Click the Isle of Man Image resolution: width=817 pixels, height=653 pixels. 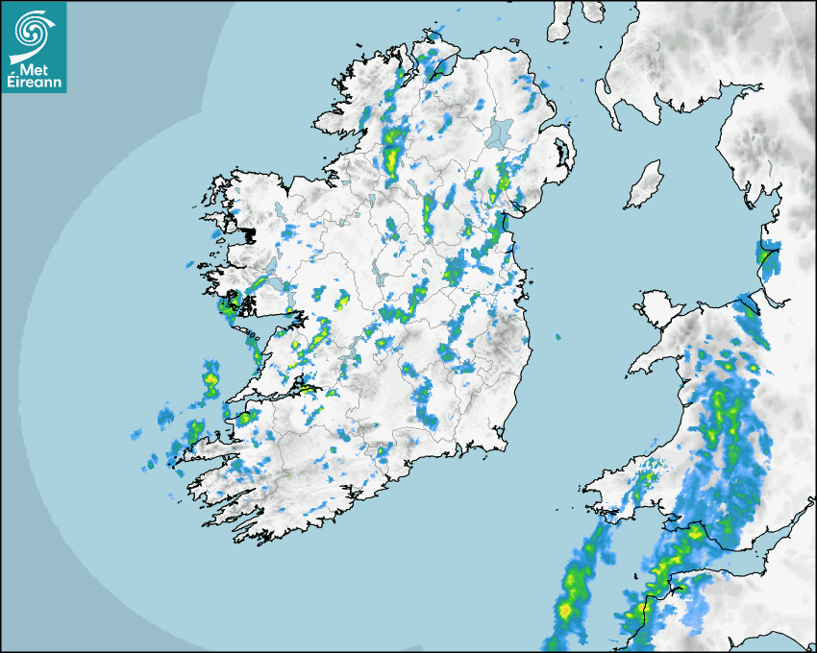(x=644, y=185)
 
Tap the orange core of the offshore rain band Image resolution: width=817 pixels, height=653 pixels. (x=565, y=610)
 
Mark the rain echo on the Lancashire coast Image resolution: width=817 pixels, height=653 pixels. (x=769, y=256)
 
